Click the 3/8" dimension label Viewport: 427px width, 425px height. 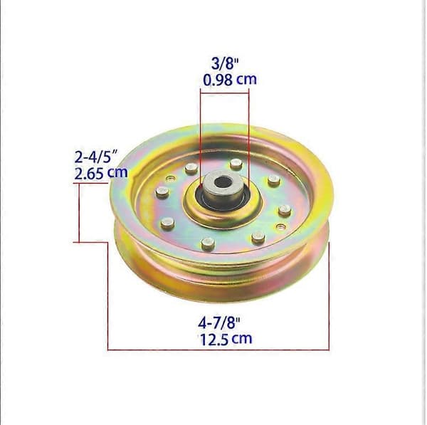pos(225,64)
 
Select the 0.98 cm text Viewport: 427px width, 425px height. pos(230,80)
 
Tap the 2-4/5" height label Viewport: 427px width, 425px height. pos(96,157)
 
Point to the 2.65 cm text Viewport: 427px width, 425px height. pos(101,173)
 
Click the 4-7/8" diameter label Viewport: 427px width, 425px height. pos(219,323)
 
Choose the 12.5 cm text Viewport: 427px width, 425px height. pos(226,339)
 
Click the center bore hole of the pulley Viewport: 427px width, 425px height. pos(222,182)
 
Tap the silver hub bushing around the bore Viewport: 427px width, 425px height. pos(222,187)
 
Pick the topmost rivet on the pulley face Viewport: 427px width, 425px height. pos(236,164)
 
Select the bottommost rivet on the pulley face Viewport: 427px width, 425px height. pos(208,243)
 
